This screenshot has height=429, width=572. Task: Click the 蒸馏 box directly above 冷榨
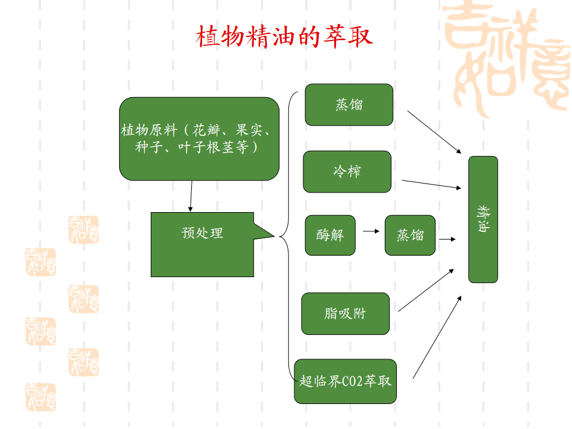pos(349,105)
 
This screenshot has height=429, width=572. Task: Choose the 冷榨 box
pos(347,172)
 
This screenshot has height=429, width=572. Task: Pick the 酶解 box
pos(329,235)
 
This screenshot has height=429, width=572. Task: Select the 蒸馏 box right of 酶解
pos(410,235)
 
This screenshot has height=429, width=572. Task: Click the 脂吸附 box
pos(345,313)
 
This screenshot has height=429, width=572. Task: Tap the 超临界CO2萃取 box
pos(345,381)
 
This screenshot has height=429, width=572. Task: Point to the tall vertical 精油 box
pos(483,219)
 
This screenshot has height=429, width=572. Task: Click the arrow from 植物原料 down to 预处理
pos(191,196)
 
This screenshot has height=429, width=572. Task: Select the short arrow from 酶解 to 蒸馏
pos(371,231)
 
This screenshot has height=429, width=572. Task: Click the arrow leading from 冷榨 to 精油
pos(431,184)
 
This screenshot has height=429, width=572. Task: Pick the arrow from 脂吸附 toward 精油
pos(425,290)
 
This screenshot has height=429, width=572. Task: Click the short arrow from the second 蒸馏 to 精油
pos(447,239)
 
